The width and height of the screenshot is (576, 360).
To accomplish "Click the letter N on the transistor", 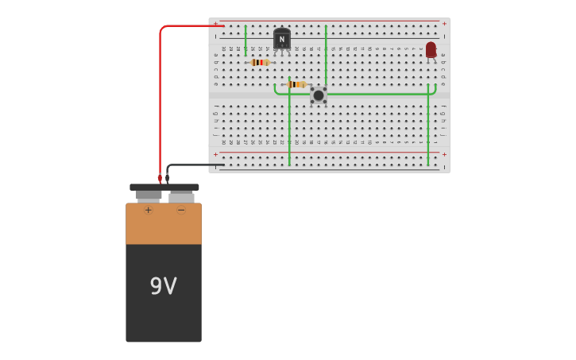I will coord(281,39).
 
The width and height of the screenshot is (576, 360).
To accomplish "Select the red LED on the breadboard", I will coord(431,50).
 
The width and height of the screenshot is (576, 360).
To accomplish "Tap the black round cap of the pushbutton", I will coord(319,95).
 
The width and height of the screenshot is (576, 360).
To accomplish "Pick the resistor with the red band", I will coord(259,62).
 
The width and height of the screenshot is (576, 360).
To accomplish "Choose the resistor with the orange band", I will coord(296,84).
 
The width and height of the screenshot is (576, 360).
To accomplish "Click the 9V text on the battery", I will coord(164,286).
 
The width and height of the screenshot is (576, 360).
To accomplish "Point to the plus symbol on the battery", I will coord(148,211).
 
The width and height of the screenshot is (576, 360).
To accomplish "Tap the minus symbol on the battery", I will coord(181,211).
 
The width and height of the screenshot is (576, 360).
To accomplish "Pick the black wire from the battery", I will coord(191,165).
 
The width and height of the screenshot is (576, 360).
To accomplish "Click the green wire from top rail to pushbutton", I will coord(326,56).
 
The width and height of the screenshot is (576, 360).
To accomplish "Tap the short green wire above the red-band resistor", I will coord(245,40).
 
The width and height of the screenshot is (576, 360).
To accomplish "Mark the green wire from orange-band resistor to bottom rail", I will coord(289,127).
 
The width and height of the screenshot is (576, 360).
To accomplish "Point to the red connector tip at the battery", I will coord(160,179).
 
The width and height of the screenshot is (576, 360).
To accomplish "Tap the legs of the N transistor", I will coord(281,52).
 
